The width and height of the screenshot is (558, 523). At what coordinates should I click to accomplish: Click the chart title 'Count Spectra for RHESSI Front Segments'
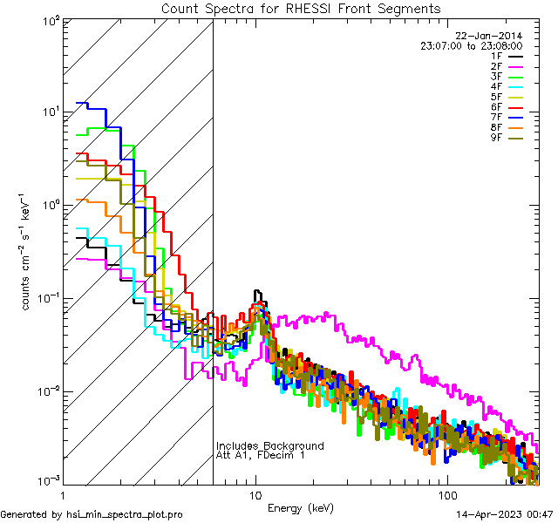301,8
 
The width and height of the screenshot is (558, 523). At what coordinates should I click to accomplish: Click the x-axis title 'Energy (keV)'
300,507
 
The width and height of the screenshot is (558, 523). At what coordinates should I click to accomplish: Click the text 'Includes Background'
269,445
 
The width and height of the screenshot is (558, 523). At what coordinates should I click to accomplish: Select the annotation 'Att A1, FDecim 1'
261,455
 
